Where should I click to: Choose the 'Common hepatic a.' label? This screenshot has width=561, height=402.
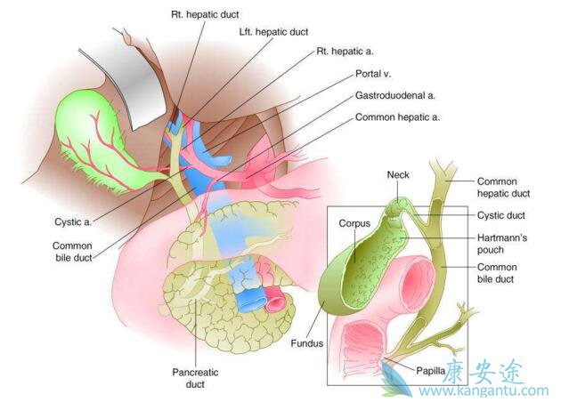pos(397,117)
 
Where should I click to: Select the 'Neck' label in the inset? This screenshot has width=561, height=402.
pos(398,175)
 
